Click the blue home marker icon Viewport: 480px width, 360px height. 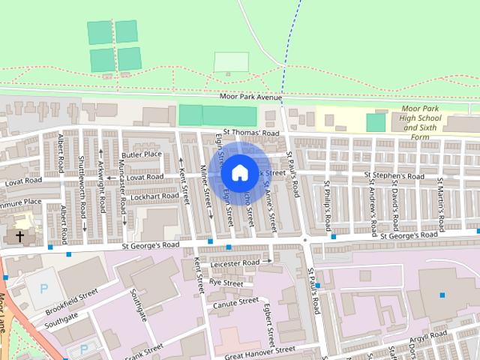click(x=238, y=172)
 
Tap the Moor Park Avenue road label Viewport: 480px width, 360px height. click(x=250, y=97)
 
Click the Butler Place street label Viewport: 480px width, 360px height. click(x=142, y=154)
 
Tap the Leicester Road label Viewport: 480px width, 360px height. click(x=235, y=263)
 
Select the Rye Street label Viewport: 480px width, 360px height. click(x=226, y=283)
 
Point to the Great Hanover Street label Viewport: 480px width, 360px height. click(x=260, y=350)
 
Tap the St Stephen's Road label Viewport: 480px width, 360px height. click(x=394, y=177)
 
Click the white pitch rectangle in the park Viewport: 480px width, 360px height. click(x=231, y=62)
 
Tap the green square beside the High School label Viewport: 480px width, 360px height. click(x=376, y=122)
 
